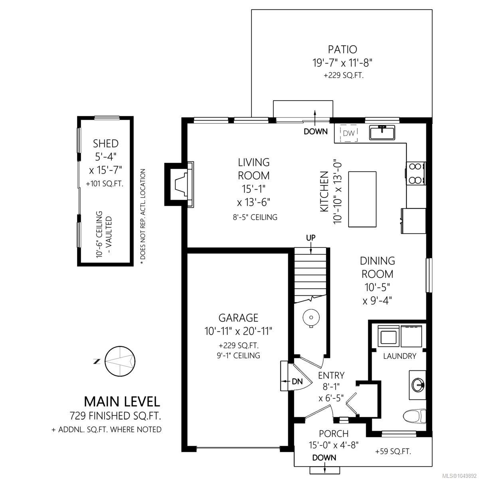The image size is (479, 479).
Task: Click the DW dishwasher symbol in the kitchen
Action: pyautogui.click(x=348, y=133)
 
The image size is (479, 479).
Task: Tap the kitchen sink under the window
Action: pyautogui.click(x=382, y=132)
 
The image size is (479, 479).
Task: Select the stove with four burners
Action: pyautogui.click(x=416, y=173)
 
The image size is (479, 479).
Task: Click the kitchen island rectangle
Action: pyautogui.click(x=362, y=199)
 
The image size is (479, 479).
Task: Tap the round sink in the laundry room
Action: pyautogui.click(x=418, y=385)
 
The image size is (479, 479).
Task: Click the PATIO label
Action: pyautogui.click(x=342, y=49)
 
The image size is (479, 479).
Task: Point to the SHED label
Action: pyautogui.click(x=106, y=144)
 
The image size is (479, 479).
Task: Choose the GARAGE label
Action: pyautogui.click(x=238, y=318)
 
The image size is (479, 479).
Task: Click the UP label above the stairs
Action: pyautogui.click(x=311, y=238)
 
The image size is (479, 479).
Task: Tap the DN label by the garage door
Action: pyautogui.click(x=297, y=381)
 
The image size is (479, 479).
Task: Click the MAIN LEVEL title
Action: pyautogui.click(x=122, y=402)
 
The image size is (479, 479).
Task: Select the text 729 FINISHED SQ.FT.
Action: pyautogui.click(x=115, y=416)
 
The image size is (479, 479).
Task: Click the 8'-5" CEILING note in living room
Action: pyautogui.click(x=255, y=217)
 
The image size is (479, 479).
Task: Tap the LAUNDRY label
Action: pyautogui.click(x=400, y=356)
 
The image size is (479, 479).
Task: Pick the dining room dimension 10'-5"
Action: pyautogui.click(x=377, y=287)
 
